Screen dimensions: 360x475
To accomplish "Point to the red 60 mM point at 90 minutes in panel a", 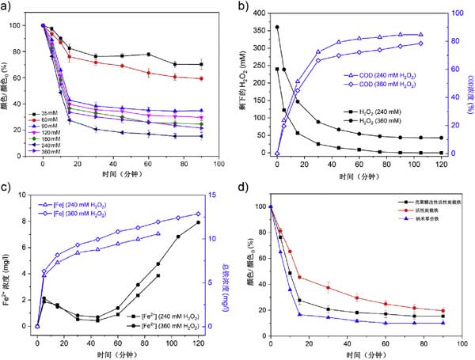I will pyautogui.click(x=200, y=78).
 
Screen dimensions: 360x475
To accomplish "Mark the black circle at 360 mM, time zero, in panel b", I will pyautogui.click(x=276, y=27).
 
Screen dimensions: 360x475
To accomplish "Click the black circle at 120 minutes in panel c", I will pyautogui.click(x=198, y=222).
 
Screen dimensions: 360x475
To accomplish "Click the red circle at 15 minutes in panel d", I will pyautogui.click(x=299, y=278).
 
